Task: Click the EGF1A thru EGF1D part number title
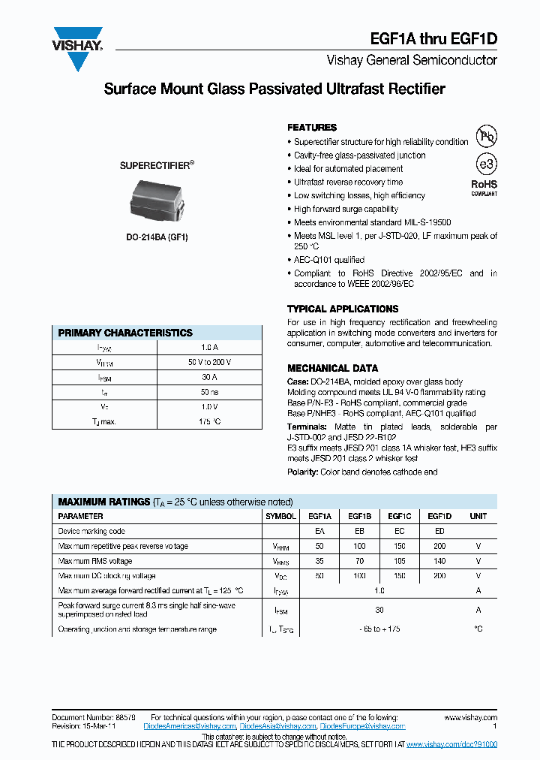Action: click(433, 41)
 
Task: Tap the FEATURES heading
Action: click(312, 128)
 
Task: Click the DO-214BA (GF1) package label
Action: click(157, 237)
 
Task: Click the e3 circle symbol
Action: click(486, 164)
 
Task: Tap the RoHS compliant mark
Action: click(484, 187)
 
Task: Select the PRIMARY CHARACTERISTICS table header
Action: click(125, 333)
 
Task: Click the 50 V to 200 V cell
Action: click(209, 362)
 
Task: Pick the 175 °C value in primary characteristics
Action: click(209, 421)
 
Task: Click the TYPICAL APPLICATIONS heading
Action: click(343, 309)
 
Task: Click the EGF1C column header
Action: click(399, 517)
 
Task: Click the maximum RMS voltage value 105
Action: click(399, 561)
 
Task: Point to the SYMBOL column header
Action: click(281, 517)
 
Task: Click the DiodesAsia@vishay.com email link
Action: click(278, 726)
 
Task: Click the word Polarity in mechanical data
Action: click(303, 472)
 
